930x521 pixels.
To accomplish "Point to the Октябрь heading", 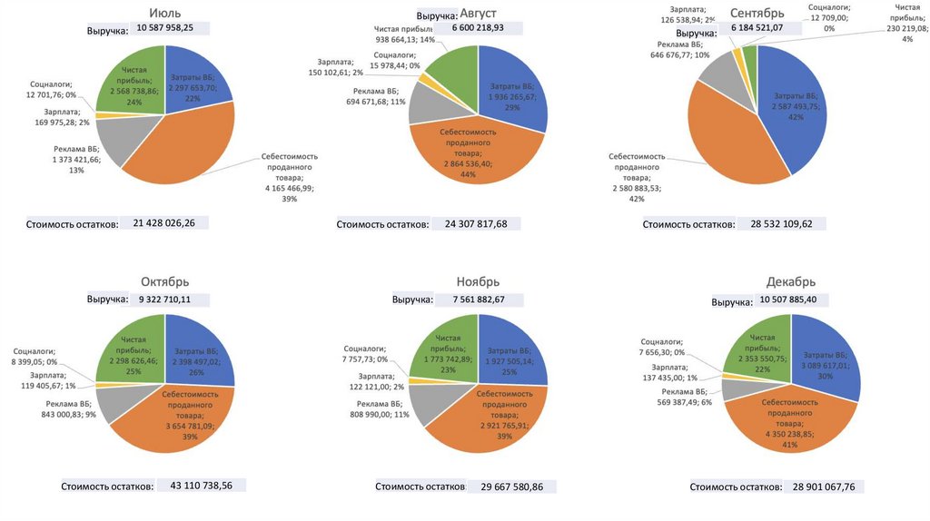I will [165, 280].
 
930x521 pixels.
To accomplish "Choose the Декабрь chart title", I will [790, 281].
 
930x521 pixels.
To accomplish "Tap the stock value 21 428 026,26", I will [171, 221].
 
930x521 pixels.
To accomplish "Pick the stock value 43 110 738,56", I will [202, 486].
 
